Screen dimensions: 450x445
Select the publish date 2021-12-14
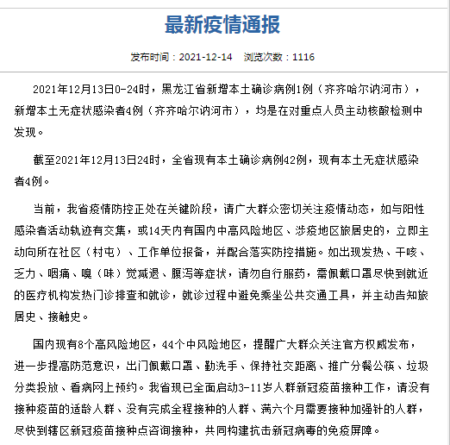[x=204, y=57]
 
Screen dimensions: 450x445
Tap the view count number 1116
[x=303, y=57]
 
